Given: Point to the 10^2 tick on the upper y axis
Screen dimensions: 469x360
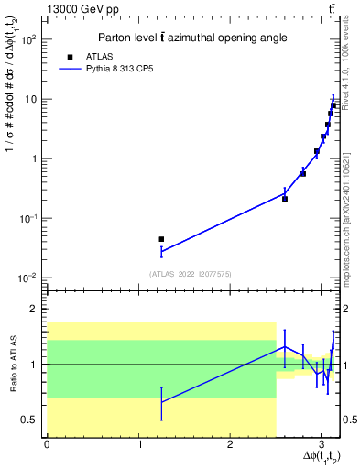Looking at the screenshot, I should pyautogui.click(x=30, y=39).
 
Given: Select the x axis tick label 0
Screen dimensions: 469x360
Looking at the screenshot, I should pyautogui.click(x=47, y=444).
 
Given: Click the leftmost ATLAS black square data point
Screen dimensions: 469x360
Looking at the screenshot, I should pyautogui.click(x=161, y=239).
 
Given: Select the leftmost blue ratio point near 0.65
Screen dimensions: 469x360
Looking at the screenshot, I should pyautogui.click(x=161, y=401).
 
